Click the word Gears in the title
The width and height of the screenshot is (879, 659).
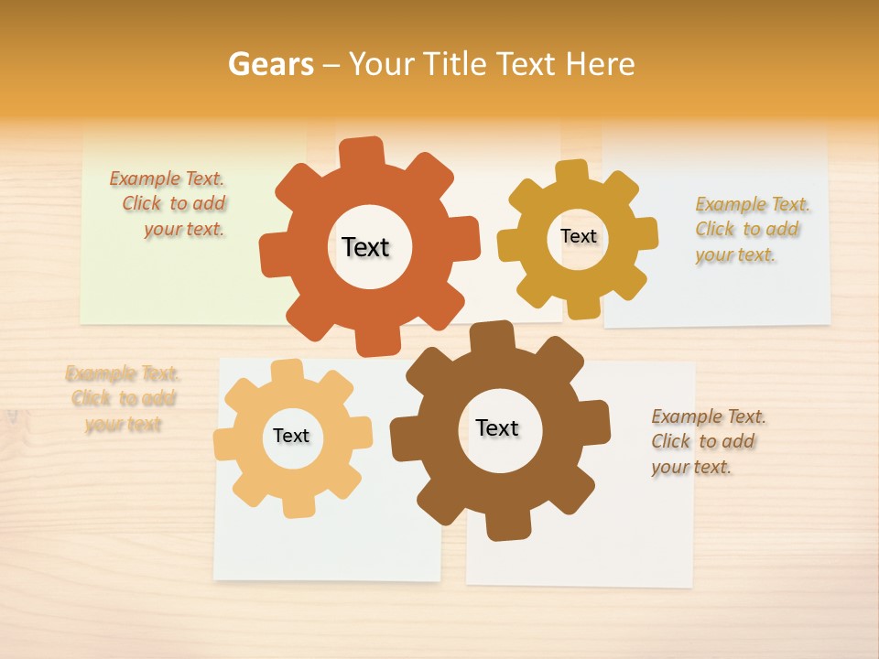(x=270, y=64)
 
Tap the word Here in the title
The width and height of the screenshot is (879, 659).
(x=600, y=64)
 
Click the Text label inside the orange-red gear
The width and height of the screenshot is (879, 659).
(x=365, y=247)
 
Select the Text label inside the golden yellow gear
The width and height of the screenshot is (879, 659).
(x=578, y=236)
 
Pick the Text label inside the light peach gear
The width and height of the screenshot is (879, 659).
(x=291, y=436)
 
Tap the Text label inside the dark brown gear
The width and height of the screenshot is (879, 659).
(x=497, y=427)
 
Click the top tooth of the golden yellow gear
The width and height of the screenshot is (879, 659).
(x=571, y=172)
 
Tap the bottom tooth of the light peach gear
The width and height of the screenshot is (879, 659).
(x=297, y=505)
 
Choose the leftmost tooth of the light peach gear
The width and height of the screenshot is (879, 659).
(x=225, y=444)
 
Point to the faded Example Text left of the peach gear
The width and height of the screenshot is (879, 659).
(x=123, y=398)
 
